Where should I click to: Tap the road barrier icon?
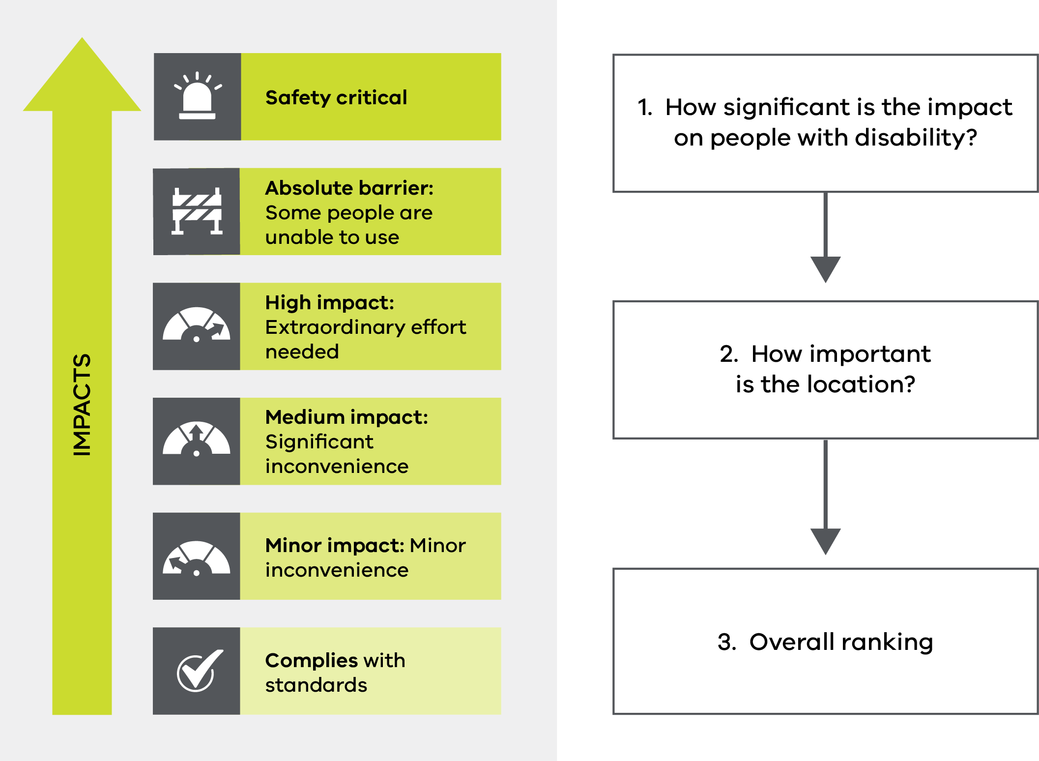click(x=197, y=211)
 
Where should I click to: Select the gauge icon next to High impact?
click(x=197, y=324)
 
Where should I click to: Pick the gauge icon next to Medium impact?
click(x=197, y=439)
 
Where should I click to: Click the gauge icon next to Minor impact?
click(x=197, y=558)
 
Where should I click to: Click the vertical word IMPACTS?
click(x=82, y=405)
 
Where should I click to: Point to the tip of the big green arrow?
click(x=82, y=37)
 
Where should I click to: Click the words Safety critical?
click(x=336, y=97)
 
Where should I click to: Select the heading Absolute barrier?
click(x=349, y=188)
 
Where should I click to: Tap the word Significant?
click(x=319, y=442)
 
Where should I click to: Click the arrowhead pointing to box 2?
click(x=826, y=269)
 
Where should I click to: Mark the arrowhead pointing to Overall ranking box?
click(x=826, y=542)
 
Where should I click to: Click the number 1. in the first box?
click(x=645, y=107)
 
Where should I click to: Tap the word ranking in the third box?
click(x=887, y=643)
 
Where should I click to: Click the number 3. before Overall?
click(x=727, y=642)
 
